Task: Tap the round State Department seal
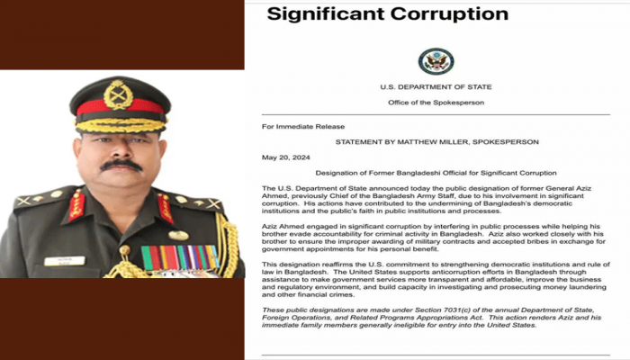(436, 61)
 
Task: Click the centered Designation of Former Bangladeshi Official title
(436, 171)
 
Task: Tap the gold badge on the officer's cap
(119, 94)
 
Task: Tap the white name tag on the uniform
(64, 261)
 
